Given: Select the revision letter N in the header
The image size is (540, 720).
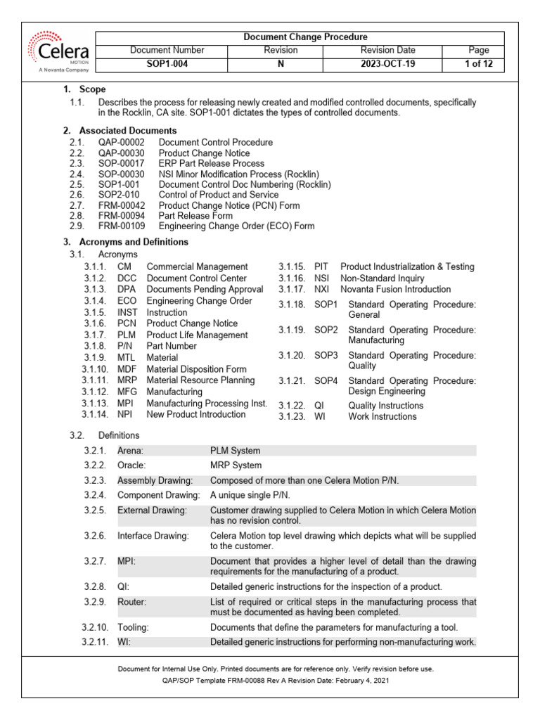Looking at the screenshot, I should pyautogui.click(x=281, y=64).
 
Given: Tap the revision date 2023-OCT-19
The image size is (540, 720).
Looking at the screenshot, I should pyautogui.click(x=387, y=64).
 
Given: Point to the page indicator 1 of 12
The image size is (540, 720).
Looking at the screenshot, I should pyautogui.click(x=477, y=64).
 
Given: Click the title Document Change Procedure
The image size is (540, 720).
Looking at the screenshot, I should pyautogui.click(x=305, y=37).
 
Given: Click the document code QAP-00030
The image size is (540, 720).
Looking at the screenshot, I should pyautogui.click(x=122, y=153).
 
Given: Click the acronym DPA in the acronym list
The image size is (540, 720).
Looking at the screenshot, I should pyautogui.click(x=127, y=289).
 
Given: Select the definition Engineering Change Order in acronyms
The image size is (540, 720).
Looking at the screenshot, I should pyautogui.click(x=199, y=301).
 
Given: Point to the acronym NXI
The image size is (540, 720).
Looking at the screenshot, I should pyautogui.click(x=322, y=289).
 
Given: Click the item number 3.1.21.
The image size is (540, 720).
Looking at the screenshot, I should pyautogui.click(x=291, y=380).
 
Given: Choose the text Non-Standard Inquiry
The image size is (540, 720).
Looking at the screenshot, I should pyautogui.click(x=382, y=278).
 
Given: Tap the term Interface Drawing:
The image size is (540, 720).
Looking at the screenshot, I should pyautogui.click(x=153, y=536).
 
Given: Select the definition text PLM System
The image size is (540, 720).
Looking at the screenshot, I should pyautogui.click(x=235, y=450).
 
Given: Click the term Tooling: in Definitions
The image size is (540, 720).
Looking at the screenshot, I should pyautogui.click(x=133, y=626).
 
